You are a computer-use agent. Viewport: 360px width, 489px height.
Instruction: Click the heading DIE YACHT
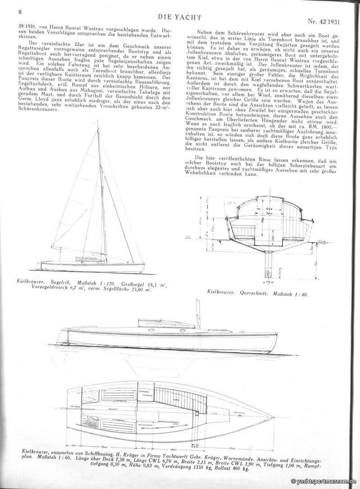[x=180, y=17]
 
